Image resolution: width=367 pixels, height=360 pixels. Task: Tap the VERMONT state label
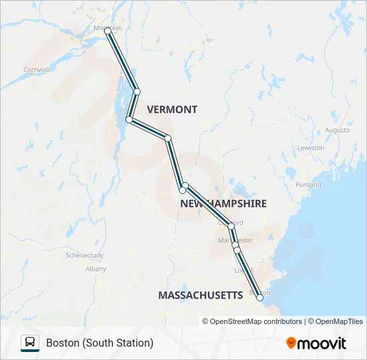[172, 109]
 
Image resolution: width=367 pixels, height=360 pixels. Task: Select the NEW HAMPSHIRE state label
[223, 203]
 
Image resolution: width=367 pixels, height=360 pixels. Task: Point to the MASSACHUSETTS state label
[200, 295]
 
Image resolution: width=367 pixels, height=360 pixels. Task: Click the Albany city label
[95, 269]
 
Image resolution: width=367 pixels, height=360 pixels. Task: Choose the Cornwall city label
[37, 69]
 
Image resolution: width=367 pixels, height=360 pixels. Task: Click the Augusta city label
[337, 130]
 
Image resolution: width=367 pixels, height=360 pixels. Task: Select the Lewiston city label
[311, 147]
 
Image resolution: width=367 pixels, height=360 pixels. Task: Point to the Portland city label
[308, 185]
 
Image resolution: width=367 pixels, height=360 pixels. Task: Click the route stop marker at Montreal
[108, 31]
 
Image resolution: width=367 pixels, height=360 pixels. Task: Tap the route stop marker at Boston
[260, 298]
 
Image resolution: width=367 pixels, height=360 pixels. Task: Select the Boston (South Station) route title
[99, 343]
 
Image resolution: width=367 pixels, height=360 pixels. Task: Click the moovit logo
[316, 343]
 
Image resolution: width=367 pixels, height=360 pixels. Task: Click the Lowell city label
[242, 270]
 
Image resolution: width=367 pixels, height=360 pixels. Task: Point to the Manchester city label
[236, 239]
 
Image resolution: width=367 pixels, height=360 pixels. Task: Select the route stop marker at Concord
[232, 226]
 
